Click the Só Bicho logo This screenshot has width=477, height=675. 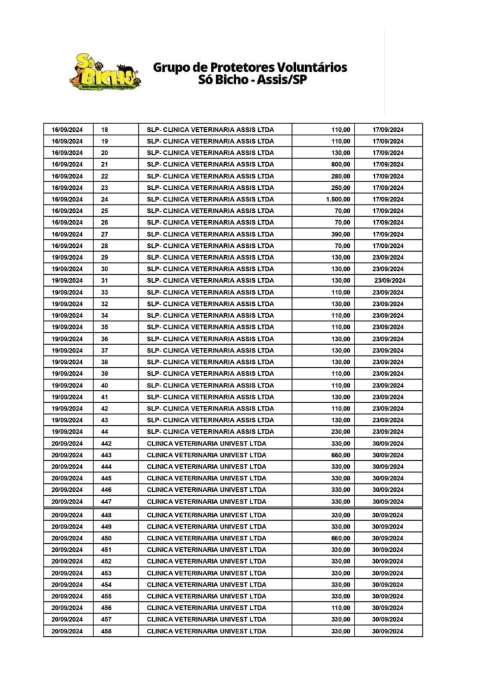105,71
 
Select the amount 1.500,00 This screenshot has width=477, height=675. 337,199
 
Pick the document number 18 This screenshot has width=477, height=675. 105,130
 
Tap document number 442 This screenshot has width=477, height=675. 107,444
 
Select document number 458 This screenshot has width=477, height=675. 107,631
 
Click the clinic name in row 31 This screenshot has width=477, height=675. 210,281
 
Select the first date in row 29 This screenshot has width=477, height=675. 67,257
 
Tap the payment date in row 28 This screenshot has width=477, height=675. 388,246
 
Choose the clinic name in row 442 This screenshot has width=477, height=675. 207,444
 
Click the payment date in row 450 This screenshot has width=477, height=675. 388,538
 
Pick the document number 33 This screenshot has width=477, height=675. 105,292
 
